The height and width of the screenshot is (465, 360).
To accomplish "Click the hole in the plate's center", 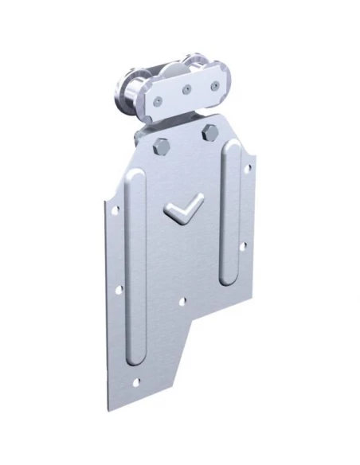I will tap(184, 303).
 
